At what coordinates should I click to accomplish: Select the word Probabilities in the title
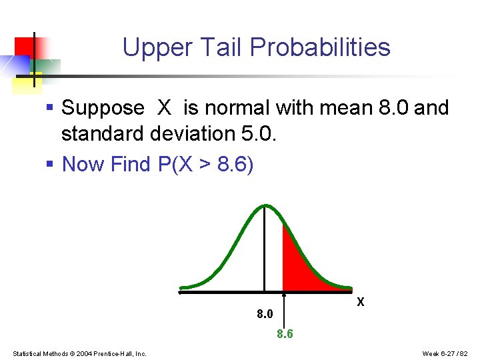tap(320, 48)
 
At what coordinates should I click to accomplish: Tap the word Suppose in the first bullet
tap(103, 108)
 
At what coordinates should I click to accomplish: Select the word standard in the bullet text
tap(103, 134)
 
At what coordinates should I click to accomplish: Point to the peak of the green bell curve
tap(265, 206)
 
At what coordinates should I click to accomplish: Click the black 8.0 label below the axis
tap(265, 313)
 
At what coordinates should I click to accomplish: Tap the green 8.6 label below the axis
tap(285, 334)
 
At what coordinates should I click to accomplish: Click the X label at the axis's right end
tap(361, 302)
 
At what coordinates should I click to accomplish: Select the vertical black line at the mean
tap(265, 253)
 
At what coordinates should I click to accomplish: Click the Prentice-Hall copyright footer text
tap(79, 353)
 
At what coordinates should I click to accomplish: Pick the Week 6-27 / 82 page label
tap(445, 353)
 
